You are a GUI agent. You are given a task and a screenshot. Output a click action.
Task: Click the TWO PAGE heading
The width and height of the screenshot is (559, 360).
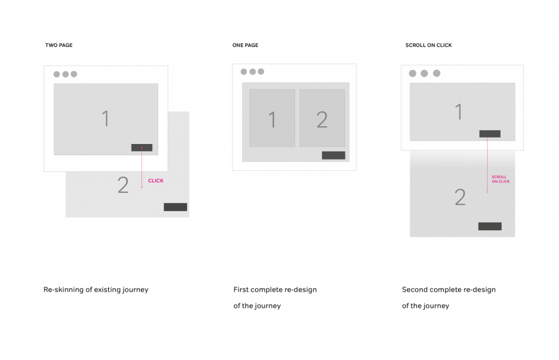pos(59,45)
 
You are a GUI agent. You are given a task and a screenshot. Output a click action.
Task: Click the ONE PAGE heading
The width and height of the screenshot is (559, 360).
pos(245,45)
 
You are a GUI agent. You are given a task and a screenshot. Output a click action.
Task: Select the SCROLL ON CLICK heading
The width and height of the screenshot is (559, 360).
pos(429,45)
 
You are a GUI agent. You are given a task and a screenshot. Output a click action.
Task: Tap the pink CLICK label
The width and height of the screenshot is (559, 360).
pos(156,181)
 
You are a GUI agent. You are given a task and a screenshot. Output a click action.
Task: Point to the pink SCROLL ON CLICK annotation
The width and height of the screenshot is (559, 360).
pos(501,179)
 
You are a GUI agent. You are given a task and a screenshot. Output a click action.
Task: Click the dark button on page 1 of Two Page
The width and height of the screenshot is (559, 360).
pos(142,148)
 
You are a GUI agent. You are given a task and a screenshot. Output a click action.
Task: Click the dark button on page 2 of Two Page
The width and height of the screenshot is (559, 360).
pos(175,207)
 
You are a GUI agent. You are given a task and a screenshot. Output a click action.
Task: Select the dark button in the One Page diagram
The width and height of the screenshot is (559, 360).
pos(334,155)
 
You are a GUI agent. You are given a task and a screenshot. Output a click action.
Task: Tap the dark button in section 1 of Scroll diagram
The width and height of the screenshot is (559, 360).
pos(490,134)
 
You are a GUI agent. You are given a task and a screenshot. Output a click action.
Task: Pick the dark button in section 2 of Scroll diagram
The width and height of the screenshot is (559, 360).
pos(490,226)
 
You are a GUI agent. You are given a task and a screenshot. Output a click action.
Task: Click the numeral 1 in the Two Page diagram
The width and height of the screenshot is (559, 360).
pos(105,118)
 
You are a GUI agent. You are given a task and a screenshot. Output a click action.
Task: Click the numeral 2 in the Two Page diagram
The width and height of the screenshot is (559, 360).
pos(123,185)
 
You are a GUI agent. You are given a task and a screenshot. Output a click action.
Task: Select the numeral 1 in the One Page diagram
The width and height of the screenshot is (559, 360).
pos(272,120)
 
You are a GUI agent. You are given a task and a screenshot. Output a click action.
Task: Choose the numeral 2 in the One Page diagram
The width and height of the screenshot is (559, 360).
pos(322,120)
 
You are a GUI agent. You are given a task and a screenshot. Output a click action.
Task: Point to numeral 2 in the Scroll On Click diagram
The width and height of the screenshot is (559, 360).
pos(460,198)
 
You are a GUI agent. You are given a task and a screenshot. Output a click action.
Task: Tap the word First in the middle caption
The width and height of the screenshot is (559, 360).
pos(241,290)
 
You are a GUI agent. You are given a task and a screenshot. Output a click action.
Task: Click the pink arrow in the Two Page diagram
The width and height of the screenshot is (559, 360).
pos(142,168)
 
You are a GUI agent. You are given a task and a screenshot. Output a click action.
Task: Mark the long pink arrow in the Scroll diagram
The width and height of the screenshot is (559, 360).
pos(488,165)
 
